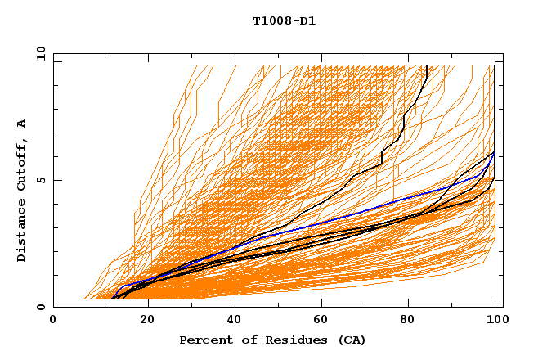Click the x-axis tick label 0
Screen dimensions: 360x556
point(53,322)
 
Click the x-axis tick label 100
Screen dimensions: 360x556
point(493,322)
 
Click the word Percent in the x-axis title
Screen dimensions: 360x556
point(204,340)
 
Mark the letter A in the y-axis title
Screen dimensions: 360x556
point(22,124)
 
